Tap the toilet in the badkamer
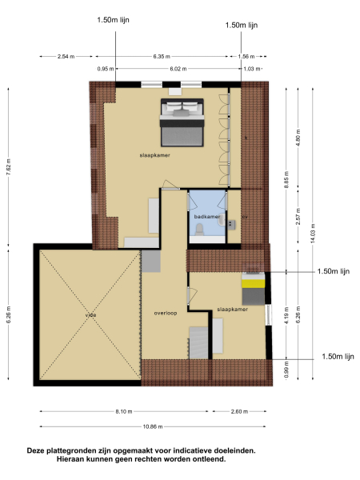(x=198, y=230)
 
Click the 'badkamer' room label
(x=206, y=216)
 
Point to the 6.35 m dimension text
(x=163, y=56)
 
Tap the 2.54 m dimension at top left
(x=66, y=56)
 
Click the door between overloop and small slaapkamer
(x=189, y=295)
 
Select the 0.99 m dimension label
(x=286, y=370)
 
